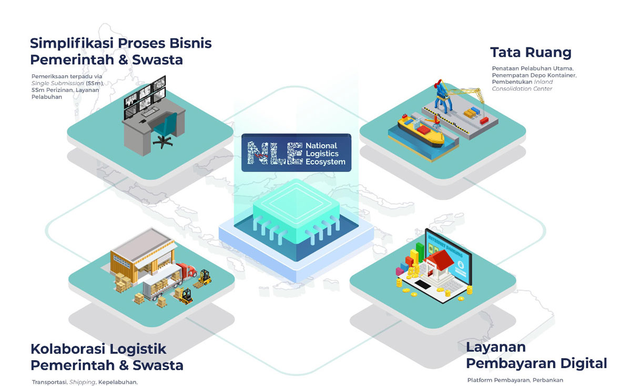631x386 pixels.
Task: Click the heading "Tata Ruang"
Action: pos(531,53)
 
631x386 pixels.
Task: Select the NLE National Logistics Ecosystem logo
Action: pos(296,153)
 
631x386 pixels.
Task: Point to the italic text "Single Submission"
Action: pos(54,83)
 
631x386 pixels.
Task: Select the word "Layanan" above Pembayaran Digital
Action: pos(496,347)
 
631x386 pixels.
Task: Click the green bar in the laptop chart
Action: pos(420,251)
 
